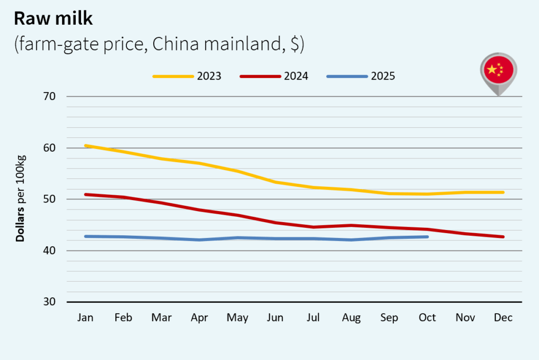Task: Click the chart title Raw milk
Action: [x=53, y=18]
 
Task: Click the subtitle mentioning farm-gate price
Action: [x=159, y=44]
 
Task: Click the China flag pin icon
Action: [x=498, y=72]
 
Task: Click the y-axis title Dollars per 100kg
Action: [x=21, y=199]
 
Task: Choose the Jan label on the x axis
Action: [x=85, y=318]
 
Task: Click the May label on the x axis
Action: [x=237, y=318]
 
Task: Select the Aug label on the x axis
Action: [x=351, y=318]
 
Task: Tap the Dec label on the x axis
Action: [x=503, y=318]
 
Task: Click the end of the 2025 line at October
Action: [x=427, y=237]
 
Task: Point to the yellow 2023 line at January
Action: [x=86, y=146]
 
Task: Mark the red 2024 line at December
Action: [x=503, y=237]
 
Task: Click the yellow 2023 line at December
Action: [x=503, y=192]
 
